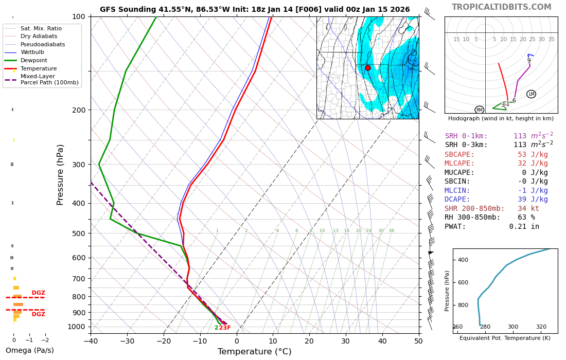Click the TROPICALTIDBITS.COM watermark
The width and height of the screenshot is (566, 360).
tap(501, 7)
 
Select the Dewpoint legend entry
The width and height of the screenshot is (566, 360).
tap(34, 60)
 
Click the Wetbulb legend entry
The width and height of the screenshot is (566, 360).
tap(32, 52)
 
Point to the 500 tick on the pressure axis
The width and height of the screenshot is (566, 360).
tap(78, 233)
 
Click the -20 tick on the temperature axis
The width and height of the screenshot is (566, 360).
tap(164, 340)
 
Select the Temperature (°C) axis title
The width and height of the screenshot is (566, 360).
tap(254, 352)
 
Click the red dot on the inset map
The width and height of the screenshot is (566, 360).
tap(367, 68)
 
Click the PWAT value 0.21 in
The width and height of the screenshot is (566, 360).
tap(524, 227)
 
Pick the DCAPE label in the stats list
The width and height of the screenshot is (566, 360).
tap(457, 200)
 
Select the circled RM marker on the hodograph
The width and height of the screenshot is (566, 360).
tap(480, 110)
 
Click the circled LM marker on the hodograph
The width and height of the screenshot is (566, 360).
tap(531, 94)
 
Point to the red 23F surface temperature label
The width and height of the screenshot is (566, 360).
tap(225, 328)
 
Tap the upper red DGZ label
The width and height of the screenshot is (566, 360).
tap(39, 293)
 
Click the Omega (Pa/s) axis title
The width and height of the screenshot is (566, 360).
tap(29, 351)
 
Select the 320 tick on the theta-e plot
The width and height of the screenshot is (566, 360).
tap(541, 327)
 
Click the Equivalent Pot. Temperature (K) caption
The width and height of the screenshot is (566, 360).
tap(505, 338)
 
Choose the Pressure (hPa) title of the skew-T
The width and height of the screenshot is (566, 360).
tap(61, 175)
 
